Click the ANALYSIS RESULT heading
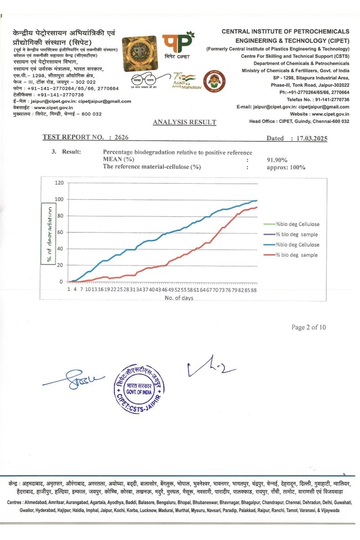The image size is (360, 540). pyautogui.click(x=184, y=122)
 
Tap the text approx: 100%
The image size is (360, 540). pyautogui.click(x=286, y=167)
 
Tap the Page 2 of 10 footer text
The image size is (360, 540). pyautogui.click(x=308, y=327)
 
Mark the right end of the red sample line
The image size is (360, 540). pyautogui.click(x=257, y=207)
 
